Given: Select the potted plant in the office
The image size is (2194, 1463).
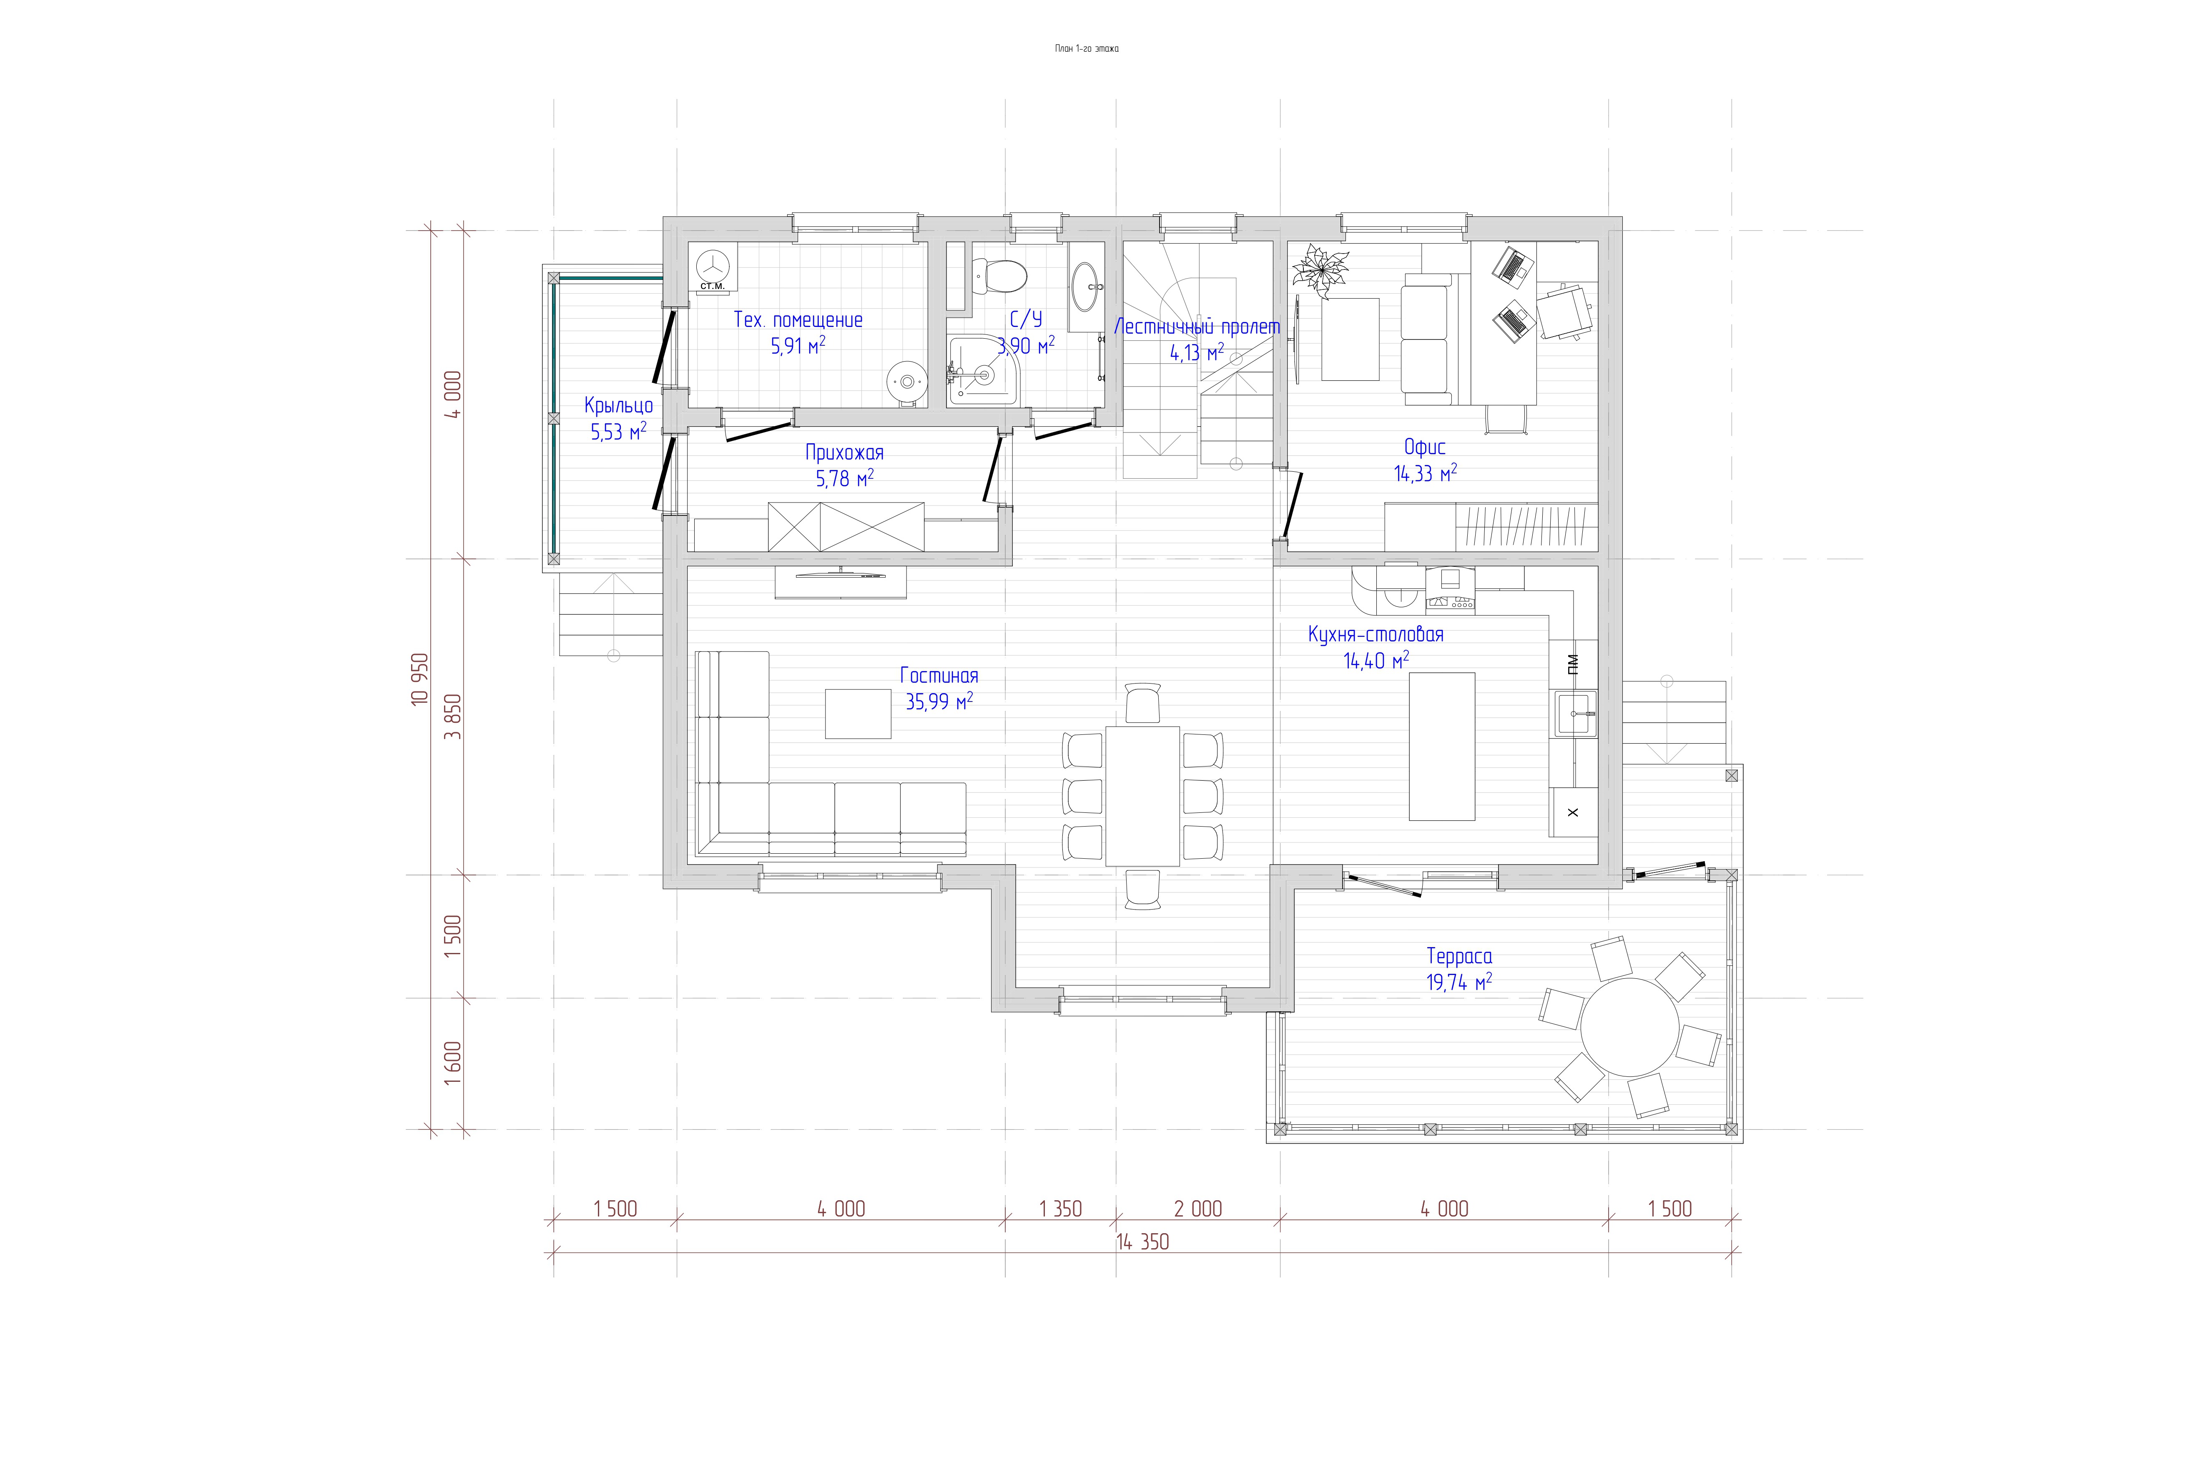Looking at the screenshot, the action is pyautogui.click(x=1320, y=269).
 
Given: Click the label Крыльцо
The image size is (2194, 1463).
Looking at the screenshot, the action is pyautogui.click(x=618, y=406).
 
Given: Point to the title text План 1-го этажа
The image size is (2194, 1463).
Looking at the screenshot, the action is pyautogui.click(x=1087, y=48).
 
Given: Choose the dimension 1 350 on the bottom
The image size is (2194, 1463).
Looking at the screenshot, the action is pyautogui.click(x=1061, y=1209).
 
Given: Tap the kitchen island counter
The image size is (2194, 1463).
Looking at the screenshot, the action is pyautogui.click(x=1441, y=747).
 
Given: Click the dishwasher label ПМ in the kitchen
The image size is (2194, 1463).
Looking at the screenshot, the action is pyautogui.click(x=1574, y=664).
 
